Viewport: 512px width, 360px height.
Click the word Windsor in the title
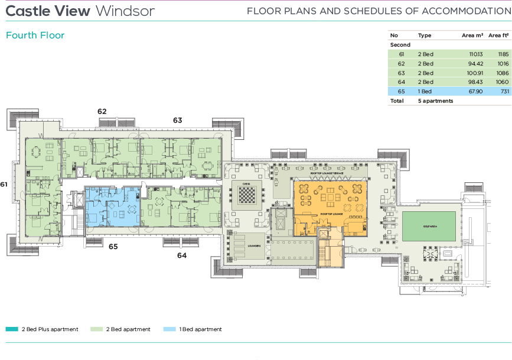[x=125, y=11]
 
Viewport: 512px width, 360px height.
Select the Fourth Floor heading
[x=35, y=35]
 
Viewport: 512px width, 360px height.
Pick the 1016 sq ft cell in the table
[x=503, y=64]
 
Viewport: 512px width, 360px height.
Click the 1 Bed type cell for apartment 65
[x=425, y=91]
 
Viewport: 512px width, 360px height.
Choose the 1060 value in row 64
[x=502, y=82]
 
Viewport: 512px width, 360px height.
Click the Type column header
[x=424, y=35]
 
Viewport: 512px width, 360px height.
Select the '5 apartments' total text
[x=435, y=101]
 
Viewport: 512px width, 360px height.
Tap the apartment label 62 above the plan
[x=102, y=111]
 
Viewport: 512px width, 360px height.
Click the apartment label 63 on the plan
[x=177, y=120]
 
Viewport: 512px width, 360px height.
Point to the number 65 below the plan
[x=113, y=247]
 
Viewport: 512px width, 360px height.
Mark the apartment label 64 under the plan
[x=182, y=256]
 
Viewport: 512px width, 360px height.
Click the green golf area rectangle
[x=429, y=225]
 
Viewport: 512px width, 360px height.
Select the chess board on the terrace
[x=246, y=193]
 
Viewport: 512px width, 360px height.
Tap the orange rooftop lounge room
[x=330, y=207]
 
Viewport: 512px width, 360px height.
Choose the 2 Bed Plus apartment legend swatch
[x=12, y=329]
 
